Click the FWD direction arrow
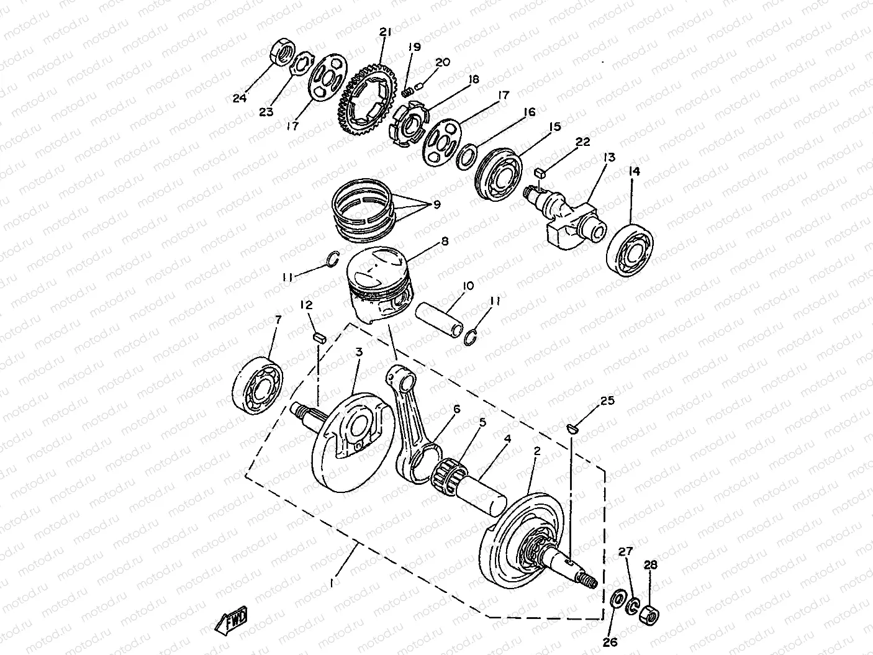231,620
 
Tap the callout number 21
386,32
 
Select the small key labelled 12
320,338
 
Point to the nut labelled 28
649,615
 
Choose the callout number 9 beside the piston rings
436,205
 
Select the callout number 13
609,158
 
